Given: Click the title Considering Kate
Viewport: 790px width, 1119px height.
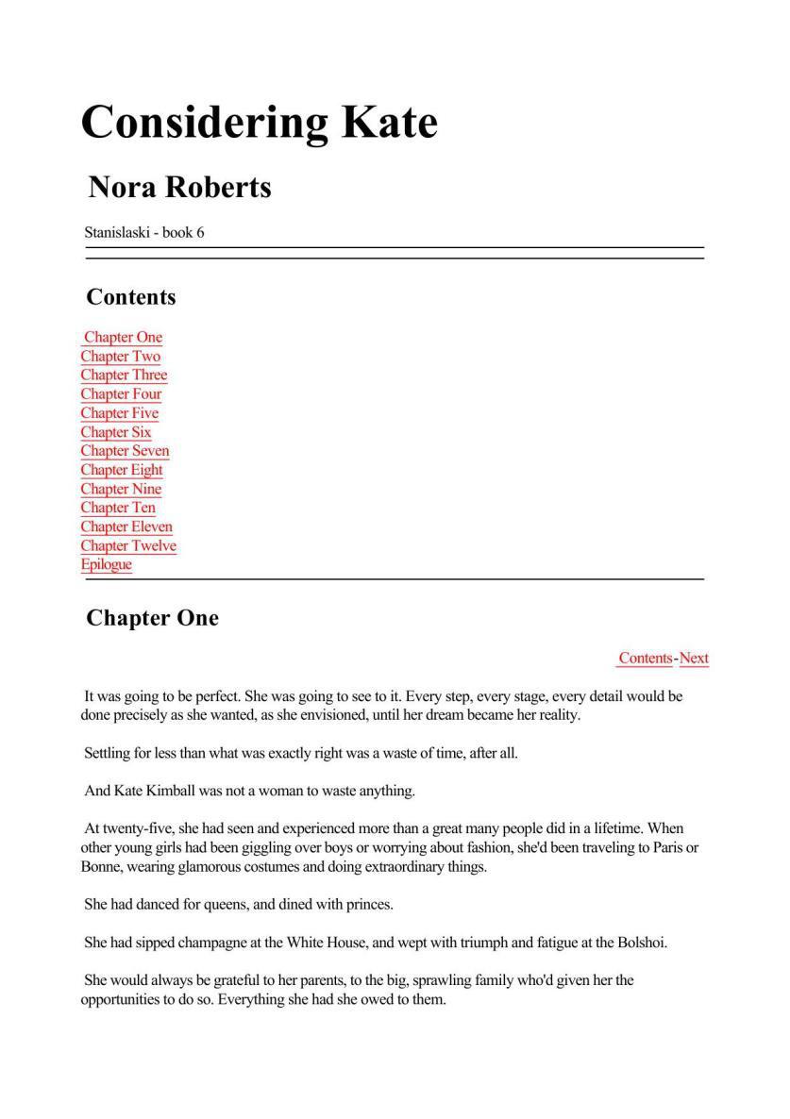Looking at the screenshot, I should tap(260, 122).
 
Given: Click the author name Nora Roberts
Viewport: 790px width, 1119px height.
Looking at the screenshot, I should tap(179, 187).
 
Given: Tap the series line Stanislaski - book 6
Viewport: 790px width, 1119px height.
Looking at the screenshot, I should tap(143, 232).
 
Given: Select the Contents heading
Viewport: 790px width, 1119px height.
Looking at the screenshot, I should tap(131, 297).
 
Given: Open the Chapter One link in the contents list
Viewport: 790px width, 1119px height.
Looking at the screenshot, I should tap(123, 338).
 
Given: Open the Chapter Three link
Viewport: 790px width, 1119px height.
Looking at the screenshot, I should tap(124, 376).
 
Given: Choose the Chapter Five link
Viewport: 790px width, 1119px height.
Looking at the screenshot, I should tap(119, 413).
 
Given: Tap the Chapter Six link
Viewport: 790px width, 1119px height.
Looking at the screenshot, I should tap(115, 432).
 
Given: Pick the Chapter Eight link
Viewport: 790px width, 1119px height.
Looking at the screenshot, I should tap(122, 470).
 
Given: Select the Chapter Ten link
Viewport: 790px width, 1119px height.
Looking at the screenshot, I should tap(118, 508).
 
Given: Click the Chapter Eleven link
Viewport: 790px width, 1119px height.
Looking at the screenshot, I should tap(126, 526).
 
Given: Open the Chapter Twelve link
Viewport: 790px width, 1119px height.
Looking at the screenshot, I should tap(128, 545).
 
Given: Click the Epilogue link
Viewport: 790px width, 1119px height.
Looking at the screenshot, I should tap(106, 564).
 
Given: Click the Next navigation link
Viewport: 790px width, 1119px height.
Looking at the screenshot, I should tap(694, 659).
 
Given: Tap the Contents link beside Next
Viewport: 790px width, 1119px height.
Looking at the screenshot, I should tap(646, 659).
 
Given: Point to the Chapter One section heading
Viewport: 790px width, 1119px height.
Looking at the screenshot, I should tap(152, 618).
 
